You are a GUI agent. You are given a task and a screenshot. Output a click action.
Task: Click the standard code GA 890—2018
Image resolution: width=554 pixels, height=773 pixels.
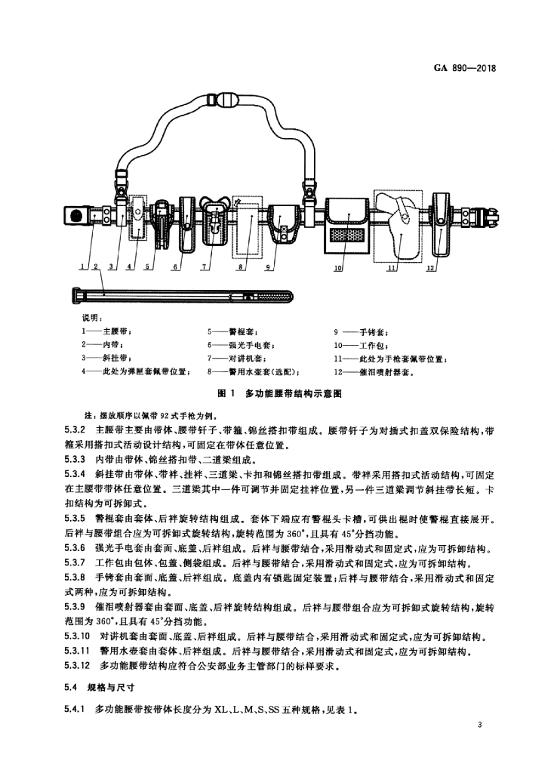pos(465,68)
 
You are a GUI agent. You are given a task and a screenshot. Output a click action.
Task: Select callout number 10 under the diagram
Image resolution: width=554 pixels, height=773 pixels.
pos(337,269)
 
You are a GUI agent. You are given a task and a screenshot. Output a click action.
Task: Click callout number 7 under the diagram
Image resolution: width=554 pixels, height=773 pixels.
pos(202,266)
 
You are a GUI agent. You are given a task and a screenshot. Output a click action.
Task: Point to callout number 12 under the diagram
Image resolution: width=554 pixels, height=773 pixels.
pos(431,268)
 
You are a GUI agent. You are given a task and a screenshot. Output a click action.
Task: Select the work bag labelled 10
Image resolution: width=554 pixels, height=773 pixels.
pos(347,226)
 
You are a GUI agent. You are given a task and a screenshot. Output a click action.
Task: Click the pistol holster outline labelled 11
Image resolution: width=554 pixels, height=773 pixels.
pos(397,226)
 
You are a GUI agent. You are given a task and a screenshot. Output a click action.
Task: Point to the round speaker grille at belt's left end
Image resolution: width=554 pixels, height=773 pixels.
pos(76,217)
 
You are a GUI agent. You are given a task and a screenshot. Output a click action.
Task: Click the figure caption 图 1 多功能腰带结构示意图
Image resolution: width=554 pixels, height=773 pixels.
pos(279,393)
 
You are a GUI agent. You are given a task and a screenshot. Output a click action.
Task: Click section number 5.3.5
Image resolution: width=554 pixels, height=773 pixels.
pos(75,519)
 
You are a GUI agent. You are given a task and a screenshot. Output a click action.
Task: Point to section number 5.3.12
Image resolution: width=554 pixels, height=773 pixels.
pos(77,665)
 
